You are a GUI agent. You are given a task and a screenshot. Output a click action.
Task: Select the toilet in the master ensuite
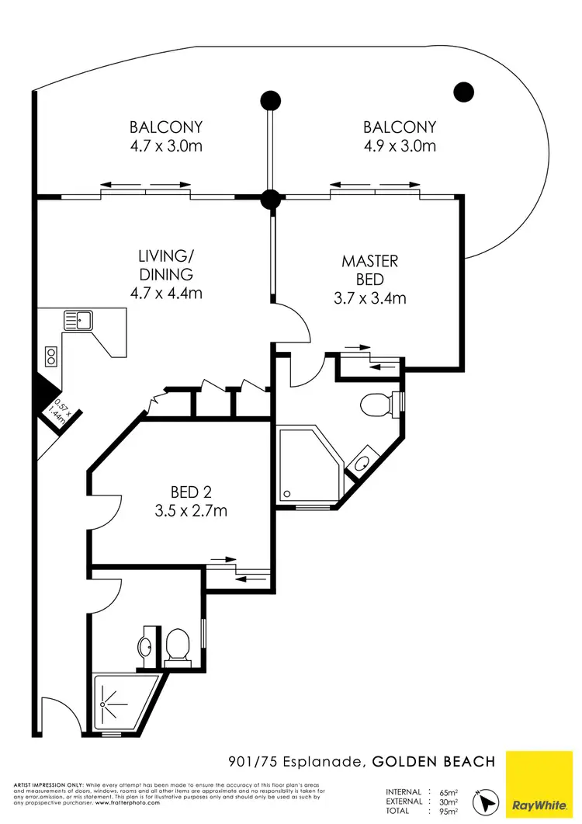[379, 404]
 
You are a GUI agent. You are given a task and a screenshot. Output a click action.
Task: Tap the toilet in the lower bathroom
[178, 646]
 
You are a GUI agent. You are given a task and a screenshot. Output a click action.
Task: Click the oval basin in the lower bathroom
[145, 646]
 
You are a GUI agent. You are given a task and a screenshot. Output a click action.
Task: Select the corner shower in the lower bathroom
[120, 703]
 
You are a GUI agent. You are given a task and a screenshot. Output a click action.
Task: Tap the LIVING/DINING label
[166, 265]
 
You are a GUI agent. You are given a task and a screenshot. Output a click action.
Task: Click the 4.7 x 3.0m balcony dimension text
[166, 146]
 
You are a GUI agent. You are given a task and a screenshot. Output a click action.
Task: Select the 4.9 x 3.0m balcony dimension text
[400, 146]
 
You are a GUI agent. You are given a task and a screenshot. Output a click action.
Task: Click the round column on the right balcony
[463, 92]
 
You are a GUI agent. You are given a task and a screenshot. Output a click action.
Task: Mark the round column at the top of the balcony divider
[270, 99]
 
